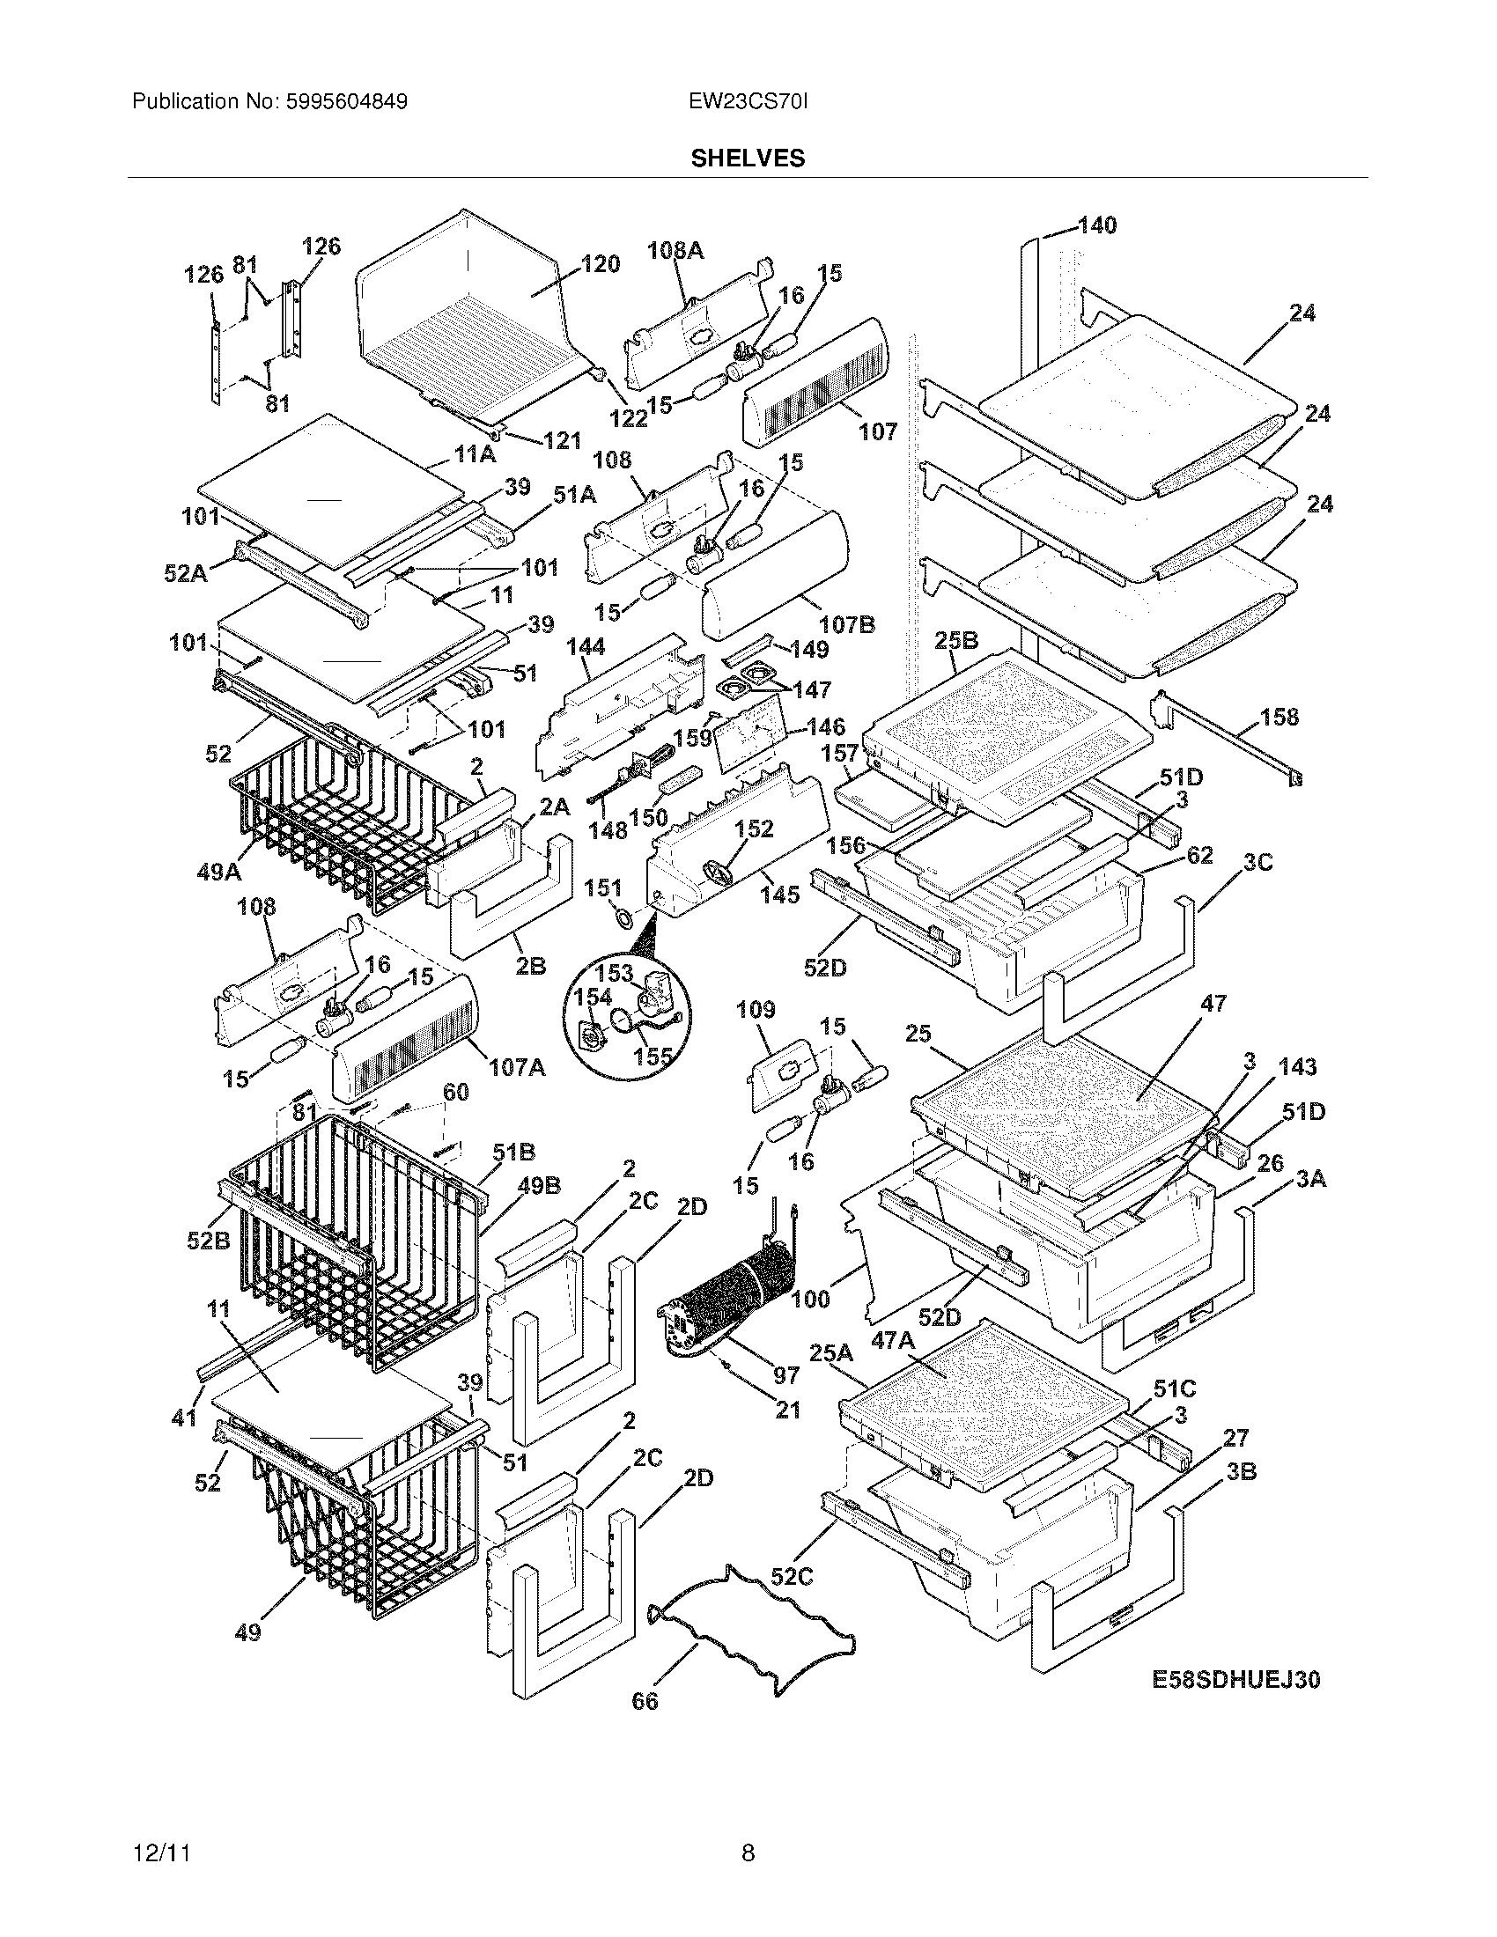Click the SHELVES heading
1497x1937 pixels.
(748, 158)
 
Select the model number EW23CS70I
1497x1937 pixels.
(748, 102)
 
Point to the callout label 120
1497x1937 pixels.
(601, 264)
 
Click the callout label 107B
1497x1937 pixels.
(846, 624)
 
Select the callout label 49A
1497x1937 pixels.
(218, 872)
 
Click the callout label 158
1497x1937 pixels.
(1279, 717)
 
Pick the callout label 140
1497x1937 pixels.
(1098, 225)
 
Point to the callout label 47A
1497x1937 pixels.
(892, 1341)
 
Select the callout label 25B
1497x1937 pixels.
(956, 640)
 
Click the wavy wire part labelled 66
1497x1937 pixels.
(754, 1614)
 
